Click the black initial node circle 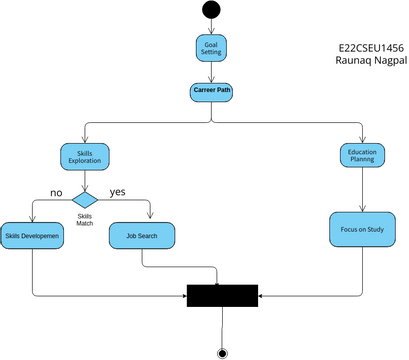tap(211, 10)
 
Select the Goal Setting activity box tap(211, 48)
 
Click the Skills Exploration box tap(85, 156)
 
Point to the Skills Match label tap(85, 219)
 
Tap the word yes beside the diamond tap(118, 190)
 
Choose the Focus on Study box tap(361, 229)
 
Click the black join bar tap(222, 295)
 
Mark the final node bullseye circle tap(222, 351)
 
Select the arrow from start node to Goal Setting tap(211, 27)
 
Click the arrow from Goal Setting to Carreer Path tap(211, 71)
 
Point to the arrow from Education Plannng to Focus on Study tap(361, 190)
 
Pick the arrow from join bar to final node tap(222, 325)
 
